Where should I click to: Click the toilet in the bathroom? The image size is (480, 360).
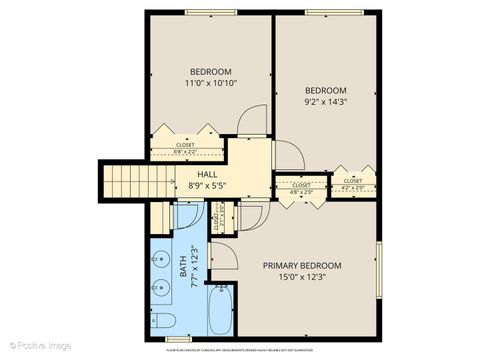tap(165, 320)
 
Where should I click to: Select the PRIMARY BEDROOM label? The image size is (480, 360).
tap(302, 266)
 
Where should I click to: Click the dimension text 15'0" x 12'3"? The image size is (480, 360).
tap(302, 279)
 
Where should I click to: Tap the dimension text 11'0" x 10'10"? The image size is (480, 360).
tap(211, 84)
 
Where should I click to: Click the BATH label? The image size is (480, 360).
tap(183, 267)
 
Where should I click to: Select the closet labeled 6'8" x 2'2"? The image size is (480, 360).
tap(186, 148)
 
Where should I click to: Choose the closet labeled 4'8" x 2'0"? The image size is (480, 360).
tap(300, 188)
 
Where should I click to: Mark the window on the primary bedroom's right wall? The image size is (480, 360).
tap(378, 267)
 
